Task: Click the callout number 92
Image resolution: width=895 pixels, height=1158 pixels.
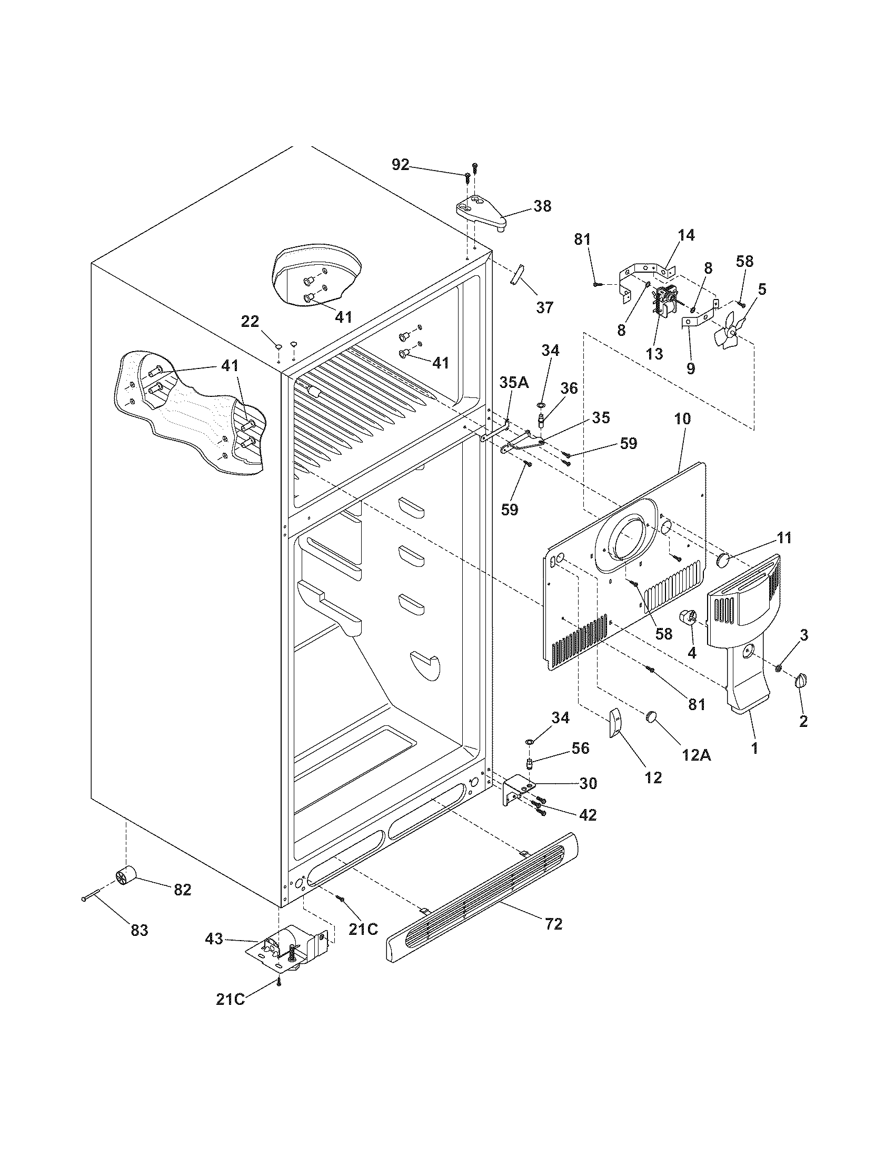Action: [400, 164]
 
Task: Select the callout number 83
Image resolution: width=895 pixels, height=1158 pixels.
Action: [140, 930]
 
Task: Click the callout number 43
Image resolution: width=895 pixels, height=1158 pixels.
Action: [214, 939]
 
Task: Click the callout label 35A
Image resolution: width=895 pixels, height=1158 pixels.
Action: [514, 382]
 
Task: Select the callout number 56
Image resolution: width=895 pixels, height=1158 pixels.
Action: [581, 747]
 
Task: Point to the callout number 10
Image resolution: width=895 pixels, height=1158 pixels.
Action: [682, 419]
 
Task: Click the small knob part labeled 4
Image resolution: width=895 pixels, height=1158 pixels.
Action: [688, 619]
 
